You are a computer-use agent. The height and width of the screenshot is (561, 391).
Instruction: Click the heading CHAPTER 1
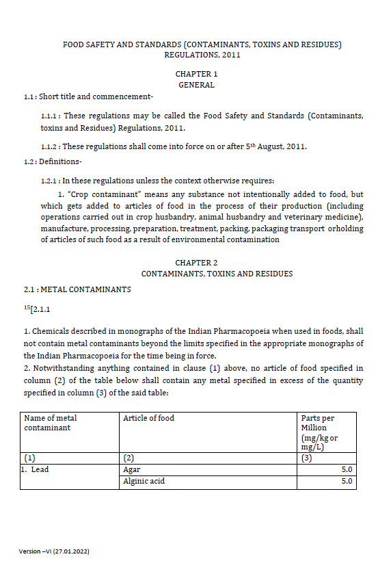click(x=196, y=74)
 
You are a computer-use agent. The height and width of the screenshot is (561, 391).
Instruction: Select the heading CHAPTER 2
click(x=196, y=263)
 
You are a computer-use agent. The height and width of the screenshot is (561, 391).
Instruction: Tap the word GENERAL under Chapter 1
click(x=196, y=85)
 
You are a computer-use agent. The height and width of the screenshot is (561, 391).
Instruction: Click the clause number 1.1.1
click(x=51, y=116)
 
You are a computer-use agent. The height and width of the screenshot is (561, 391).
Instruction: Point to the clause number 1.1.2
click(x=51, y=146)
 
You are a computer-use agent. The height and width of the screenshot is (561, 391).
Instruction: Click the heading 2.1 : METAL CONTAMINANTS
click(x=77, y=289)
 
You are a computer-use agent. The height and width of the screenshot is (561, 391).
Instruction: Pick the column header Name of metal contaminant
click(x=51, y=423)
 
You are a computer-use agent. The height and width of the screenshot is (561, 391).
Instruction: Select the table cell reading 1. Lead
click(x=36, y=470)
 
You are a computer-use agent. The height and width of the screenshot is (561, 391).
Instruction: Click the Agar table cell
click(x=132, y=470)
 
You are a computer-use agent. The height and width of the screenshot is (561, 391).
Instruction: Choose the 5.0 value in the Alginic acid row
click(x=346, y=481)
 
